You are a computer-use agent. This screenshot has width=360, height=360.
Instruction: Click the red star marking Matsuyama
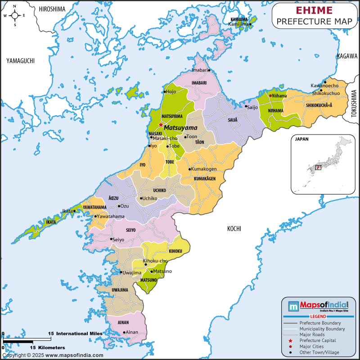pyautogui.click(x=161, y=125)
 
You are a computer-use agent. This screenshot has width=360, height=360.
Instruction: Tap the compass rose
pyautogui.click(x=14, y=15)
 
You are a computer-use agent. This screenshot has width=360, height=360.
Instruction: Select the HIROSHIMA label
pyautogui.click(x=52, y=9)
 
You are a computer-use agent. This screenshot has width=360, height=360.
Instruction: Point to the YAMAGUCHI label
pyautogui.click(x=20, y=61)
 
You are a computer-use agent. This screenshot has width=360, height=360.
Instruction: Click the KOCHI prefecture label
pyautogui.click(x=234, y=229)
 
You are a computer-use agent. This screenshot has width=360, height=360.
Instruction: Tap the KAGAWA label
pyautogui.click(x=347, y=56)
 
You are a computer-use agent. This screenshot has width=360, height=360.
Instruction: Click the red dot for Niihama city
pyautogui.click(x=270, y=95)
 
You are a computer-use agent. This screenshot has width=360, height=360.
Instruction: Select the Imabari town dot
pyautogui.click(x=209, y=70)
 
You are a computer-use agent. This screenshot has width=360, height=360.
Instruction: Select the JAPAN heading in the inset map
pyautogui.click(x=301, y=139)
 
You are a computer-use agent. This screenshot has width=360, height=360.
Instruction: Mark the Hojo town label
pyautogui.click(x=171, y=92)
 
